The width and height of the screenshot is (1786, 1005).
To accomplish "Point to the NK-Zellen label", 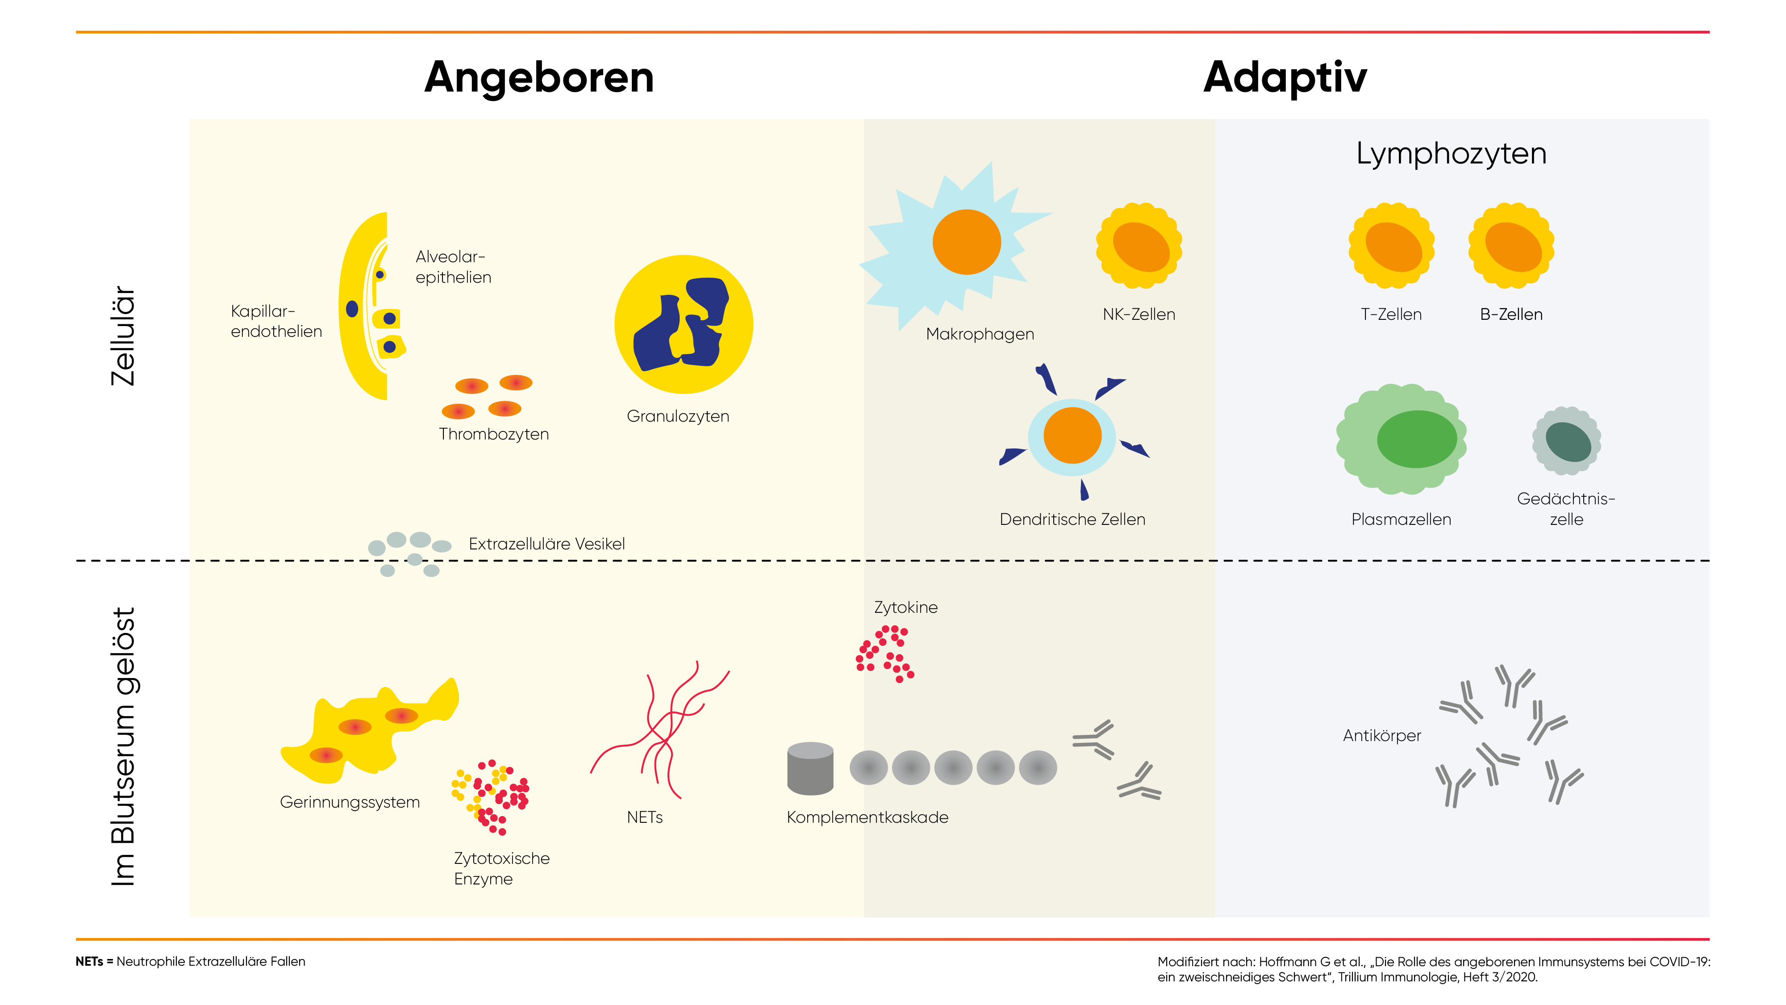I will [x=1139, y=314].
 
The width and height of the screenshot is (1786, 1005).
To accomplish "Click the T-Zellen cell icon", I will [x=1391, y=245].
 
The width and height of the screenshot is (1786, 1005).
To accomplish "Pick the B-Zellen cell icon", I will [x=1511, y=245].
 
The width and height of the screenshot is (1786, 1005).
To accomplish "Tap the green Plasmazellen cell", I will [x=1401, y=439].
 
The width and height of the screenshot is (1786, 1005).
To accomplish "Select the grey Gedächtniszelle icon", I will [x=1566, y=441].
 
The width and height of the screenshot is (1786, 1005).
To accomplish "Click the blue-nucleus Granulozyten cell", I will [x=683, y=324].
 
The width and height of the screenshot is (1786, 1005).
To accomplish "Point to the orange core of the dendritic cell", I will [x=1072, y=435].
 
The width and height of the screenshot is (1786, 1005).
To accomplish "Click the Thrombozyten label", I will [x=494, y=434].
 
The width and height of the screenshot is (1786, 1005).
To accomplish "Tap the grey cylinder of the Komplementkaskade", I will [x=810, y=768].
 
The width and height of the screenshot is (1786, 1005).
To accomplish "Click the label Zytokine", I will [x=906, y=607].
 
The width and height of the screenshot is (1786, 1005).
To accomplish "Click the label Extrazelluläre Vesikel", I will [x=547, y=544].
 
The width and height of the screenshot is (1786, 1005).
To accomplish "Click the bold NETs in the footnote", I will [x=89, y=961].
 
